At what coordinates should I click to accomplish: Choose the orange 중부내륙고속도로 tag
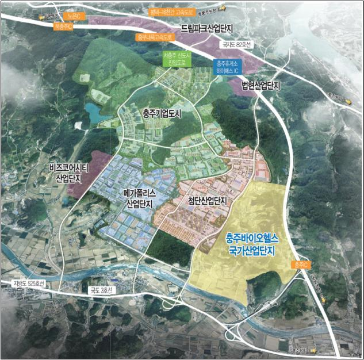pyautogui.click(x=155, y=37)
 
